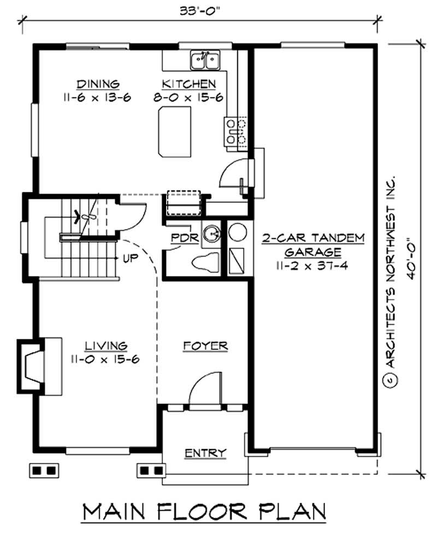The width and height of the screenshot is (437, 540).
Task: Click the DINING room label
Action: (98, 84)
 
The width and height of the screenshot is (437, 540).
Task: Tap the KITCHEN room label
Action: (188, 84)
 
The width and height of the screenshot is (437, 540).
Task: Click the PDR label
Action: (180, 239)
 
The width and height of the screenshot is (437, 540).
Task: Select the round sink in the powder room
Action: (210, 235)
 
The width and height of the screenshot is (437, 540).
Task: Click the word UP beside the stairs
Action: (130, 257)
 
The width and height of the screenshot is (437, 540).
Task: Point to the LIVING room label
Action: (106, 346)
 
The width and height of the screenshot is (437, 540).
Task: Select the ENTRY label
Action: (205, 453)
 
